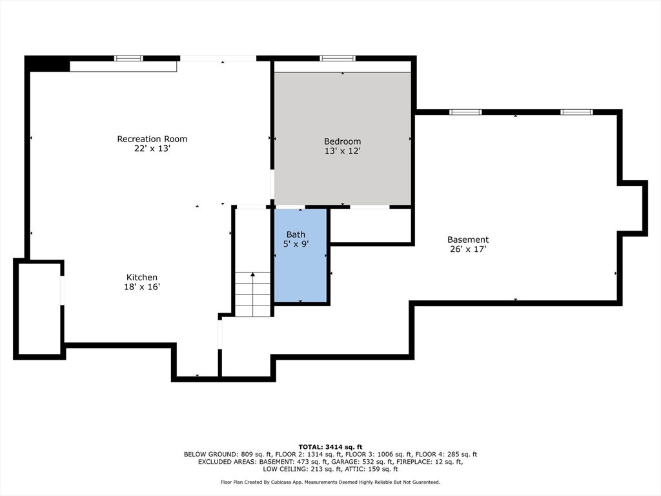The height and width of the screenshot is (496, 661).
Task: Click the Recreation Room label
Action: click(x=152, y=139)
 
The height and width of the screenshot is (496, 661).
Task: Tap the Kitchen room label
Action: click(x=142, y=277)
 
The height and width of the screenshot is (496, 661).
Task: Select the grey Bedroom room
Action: click(x=343, y=139)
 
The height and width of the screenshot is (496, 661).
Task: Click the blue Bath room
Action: click(x=301, y=256)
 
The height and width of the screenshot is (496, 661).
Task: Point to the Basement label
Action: click(x=468, y=240)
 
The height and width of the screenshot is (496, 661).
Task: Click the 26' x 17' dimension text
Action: click(x=468, y=249)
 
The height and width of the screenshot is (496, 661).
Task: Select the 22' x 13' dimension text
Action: click(x=152, y=148)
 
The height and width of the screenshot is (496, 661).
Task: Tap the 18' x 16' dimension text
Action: click(x=142, y=287)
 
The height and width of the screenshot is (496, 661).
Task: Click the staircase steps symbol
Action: click(x=252, y=294)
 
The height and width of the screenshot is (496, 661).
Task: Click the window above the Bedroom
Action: click(x=337, y=58)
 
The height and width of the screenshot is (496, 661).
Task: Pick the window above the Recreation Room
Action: click(x=128, y=58)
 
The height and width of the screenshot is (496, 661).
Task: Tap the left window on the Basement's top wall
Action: click(x=465, y=112)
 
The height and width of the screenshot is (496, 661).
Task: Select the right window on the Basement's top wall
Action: click(x=576, y=112)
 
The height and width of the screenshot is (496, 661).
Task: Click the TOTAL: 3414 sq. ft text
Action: click(x=330, y=447)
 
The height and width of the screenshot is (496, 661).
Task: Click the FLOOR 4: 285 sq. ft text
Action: click(x=447, y=455)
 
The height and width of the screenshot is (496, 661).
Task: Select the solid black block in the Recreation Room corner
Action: click(x=47, y=64)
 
